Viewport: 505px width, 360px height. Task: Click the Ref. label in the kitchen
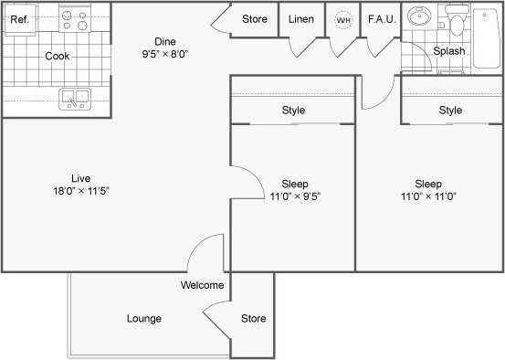point(20,18)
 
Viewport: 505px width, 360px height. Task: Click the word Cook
point(57,56)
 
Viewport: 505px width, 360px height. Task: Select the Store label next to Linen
point(255,19)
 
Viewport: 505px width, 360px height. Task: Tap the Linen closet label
point(301,19)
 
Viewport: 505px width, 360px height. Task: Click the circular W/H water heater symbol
point(343,20)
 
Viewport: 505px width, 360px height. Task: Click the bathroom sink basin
point(422,18)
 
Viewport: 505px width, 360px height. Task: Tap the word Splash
point(449,51)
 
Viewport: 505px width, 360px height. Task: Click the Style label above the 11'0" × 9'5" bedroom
point(293,111)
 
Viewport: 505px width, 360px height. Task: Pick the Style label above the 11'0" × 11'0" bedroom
point(450,111)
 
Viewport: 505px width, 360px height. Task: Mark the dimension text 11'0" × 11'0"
point(427,196)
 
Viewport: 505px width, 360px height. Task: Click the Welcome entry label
point(202,285)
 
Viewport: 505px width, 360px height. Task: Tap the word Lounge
point(144,319)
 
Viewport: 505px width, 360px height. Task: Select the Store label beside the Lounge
point(253,319)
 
